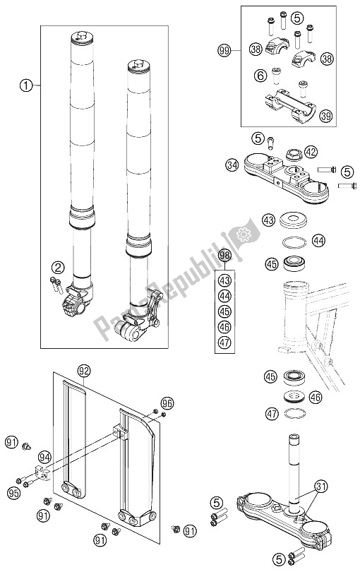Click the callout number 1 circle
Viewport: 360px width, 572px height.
point(26,87)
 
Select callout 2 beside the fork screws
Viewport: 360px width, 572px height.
point(57,266)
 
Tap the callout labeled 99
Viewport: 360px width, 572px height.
point(224,50)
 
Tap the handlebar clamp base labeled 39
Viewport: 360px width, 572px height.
point(291,104)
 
